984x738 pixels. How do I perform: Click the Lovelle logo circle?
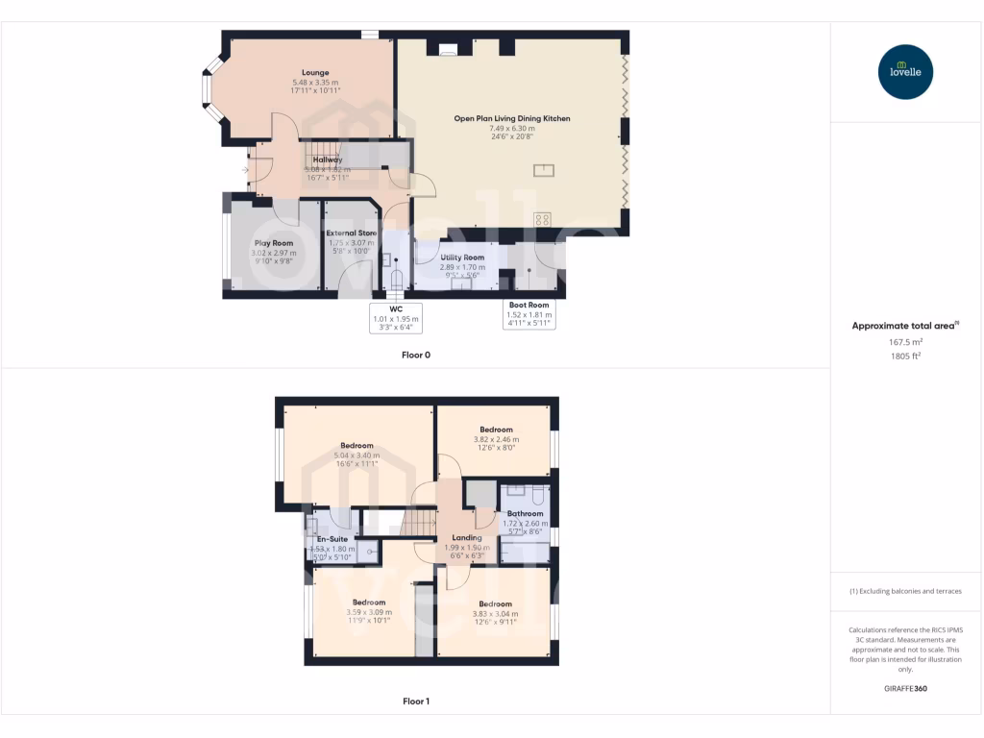pyautogui.click(x=905, y=72)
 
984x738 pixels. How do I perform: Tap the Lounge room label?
pyautogui.click(x=315, y=73)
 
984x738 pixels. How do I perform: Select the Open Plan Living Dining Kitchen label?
pyautogui.click(x=512, y=118)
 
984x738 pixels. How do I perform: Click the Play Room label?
pyautogui.click(x=274, y=243)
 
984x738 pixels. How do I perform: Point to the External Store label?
pyautogui.click(x=351, y=234)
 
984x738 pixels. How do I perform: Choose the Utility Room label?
pyautogui.click(x=462, y=258)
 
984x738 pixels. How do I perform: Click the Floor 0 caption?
pyautogui.click(x=415, y=355)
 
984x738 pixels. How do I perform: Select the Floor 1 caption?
pyautogui.click(x=415, y=701)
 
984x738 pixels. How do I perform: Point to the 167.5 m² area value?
pyautogui.click(x=904, y=341)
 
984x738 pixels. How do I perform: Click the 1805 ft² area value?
pyautogui.click(x=904, y=355)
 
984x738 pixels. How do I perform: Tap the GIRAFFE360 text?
pyautogui.click(x=904, y=689)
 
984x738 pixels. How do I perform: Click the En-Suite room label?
pyautogui.click(x=332, y=539)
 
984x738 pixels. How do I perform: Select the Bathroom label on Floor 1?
pyautogui.click(x=525, y=514)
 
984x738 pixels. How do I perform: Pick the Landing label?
pyautogui.click(x=467, y=538)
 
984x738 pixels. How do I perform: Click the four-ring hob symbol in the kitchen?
pyautogui.click(x=542, y=219)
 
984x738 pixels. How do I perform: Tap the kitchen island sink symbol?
pyautogui.click(x=544, y=171)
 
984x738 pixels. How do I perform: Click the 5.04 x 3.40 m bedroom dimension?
pyautogui.click(x=356, y=455)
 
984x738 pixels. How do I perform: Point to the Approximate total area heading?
pyautogui.click(x=904, y=326)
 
